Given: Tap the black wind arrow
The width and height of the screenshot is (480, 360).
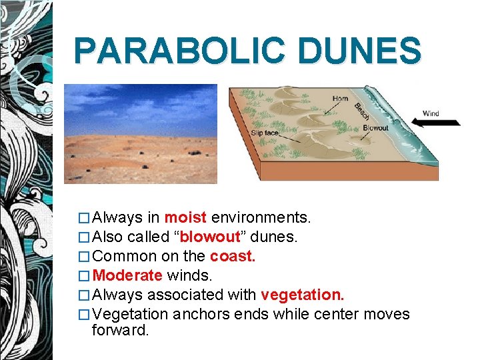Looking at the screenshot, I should (x=436, y=123).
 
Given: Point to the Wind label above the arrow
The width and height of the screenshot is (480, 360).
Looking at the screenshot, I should (x=431, y=113).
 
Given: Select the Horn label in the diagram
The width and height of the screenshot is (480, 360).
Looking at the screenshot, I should (x=340, y=99).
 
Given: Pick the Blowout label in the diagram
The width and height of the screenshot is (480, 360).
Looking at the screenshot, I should (x=375, y=128).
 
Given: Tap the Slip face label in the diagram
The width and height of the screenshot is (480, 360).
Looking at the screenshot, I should (x=265, y=133).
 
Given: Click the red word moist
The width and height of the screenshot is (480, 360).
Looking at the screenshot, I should (x=186, y=217).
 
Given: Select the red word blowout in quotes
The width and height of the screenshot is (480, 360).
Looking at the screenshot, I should (x=209, y=237).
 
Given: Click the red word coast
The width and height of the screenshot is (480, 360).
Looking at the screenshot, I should (x=233, y=256).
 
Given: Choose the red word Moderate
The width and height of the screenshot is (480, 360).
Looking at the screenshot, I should (x=127, y=275).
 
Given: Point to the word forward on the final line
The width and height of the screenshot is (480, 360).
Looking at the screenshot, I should (x=120, y=330).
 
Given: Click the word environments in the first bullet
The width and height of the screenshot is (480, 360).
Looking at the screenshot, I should (x=261, y=217).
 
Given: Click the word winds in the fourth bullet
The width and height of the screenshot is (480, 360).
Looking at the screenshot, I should (x=189, y=275).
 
